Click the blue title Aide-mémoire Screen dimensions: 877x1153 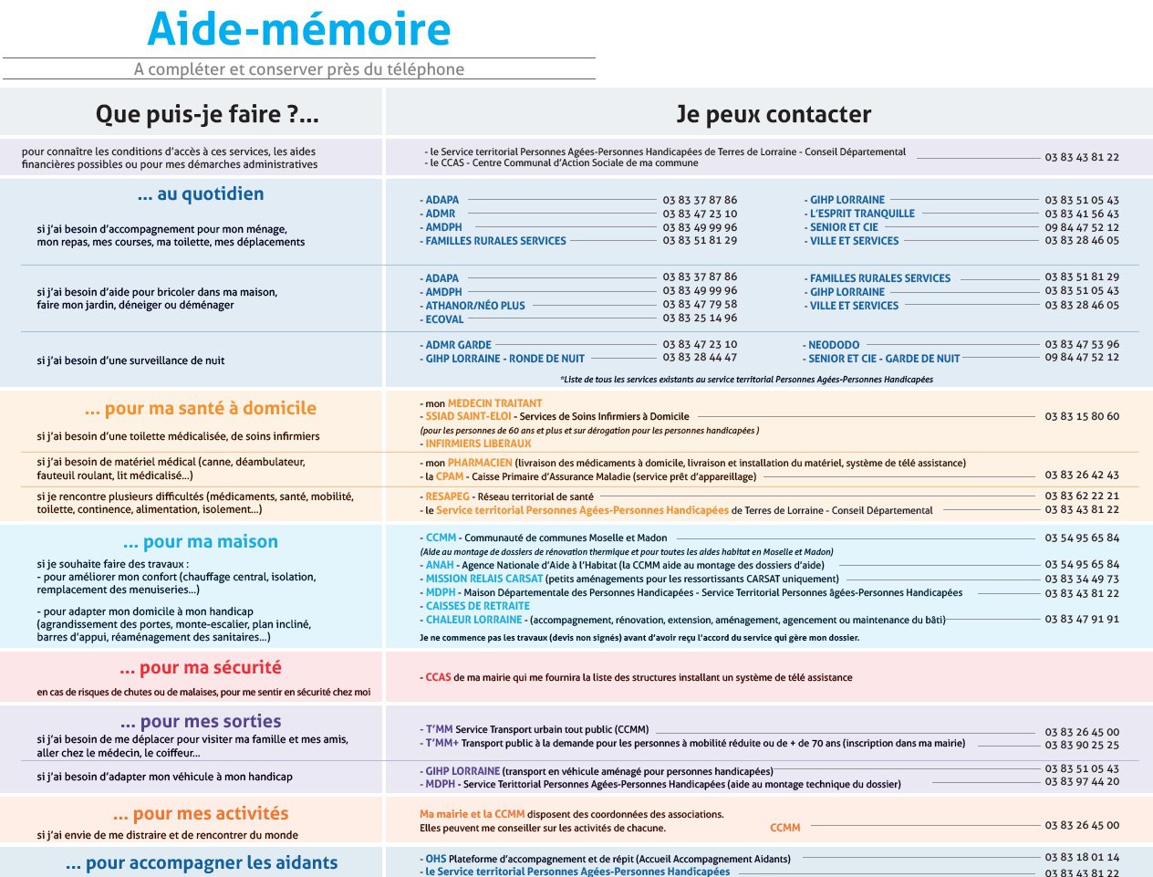pyautogui.click(x=298, y=29)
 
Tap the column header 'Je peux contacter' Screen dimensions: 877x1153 pyautogui.click(x=773, y=114)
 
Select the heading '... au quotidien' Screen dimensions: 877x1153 pyautogui.click(x=201, y=193)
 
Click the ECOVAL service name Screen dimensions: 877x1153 pyautogui.click(x=444, y=319)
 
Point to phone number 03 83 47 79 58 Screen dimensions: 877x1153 pyautogui.click(x=700, y=305)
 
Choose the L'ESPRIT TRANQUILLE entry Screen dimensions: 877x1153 pyautogui.click(x=862, y=214)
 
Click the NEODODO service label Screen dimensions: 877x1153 pyautogui.click(x=834, y=345)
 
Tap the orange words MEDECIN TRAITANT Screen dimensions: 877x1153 pyautogui.click(x=494, y=402)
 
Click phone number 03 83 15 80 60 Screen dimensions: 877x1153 pyautogui.click(x=1082, y=416)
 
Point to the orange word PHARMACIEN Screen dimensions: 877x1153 pyautogui.click(x=480, y=463)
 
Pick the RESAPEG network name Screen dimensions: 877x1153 pyautogui.click(x=447, y=496)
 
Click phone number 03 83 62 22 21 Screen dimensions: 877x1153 pyautogui.click(x=1082, y=496)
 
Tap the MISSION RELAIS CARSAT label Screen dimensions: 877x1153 pyautogui.click(x=483, y=579)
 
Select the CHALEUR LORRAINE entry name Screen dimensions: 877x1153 pyautogui.click(x=473, y=620)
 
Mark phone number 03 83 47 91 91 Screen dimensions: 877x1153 pyautogui.click(x=1082, y=620)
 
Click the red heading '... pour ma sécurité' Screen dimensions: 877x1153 pyautogui.click(x=201, y=667)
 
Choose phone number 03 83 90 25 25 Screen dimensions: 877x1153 pyautogui.click(x=1082, y=746)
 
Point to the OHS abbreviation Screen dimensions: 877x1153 pyautogui.click(x=435, y=859)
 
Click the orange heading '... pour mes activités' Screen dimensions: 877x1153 pyautogui.click(x=201, y=813)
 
